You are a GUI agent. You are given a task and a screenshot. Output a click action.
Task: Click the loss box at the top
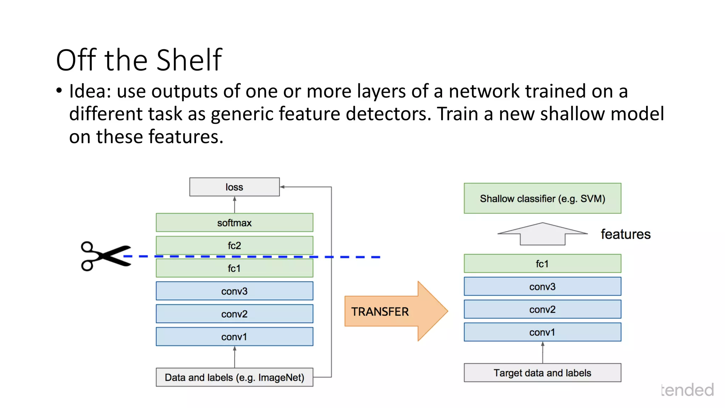(234, 187)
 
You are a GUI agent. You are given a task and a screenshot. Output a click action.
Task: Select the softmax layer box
(234, 222)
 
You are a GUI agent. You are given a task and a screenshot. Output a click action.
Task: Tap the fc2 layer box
(234, 245)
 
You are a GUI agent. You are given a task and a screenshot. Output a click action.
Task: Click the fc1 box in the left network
(234, 268)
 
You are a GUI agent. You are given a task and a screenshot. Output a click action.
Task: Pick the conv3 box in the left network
(234, 291)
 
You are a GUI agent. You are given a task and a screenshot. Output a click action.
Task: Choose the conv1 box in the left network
(234, 336)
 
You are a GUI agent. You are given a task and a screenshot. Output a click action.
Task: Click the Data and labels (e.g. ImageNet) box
(234, 377)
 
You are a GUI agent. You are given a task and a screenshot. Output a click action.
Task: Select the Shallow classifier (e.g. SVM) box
(542, 198)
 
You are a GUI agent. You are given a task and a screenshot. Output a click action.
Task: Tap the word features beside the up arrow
(626, 234)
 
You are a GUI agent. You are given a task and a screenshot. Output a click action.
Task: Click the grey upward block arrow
(542, 234)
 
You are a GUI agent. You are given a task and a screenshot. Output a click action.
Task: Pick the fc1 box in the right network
(542, 263)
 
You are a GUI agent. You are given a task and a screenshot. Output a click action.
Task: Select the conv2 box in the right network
(542, 309)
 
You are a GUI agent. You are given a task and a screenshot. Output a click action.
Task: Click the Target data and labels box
(542, 373)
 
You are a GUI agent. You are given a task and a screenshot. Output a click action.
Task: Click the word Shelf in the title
(189, 60)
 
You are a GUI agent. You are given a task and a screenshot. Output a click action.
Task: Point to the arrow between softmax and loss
(234, 205)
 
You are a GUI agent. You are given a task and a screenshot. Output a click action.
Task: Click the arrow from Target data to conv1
(542, 352)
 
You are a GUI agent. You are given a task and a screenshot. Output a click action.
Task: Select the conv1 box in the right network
(542, 332)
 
